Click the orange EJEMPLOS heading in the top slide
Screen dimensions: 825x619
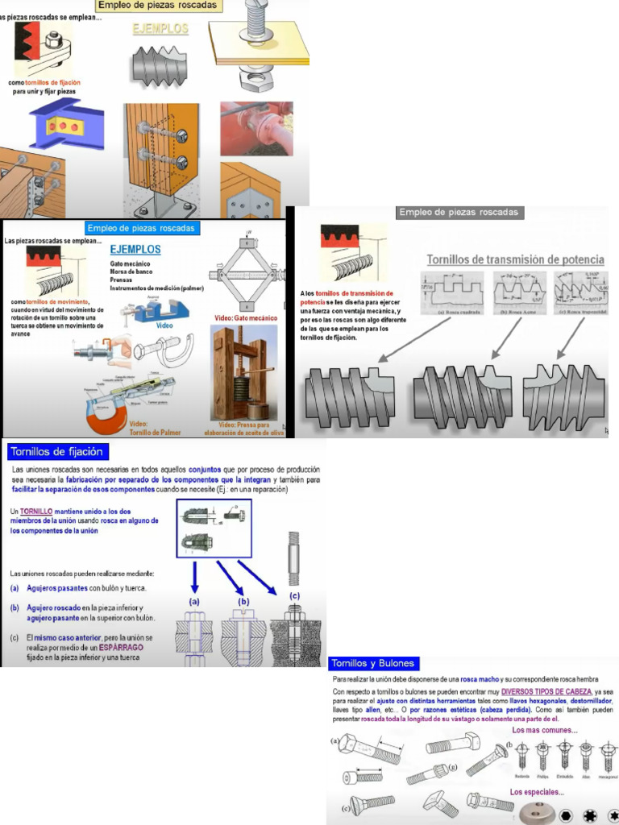point(160,29)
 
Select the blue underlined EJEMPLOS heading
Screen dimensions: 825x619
point(135,250)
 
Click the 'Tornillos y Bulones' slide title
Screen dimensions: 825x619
point(374,663)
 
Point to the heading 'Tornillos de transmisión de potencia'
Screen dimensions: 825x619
point(515,259)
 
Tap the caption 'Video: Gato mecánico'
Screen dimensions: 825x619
point(246,317)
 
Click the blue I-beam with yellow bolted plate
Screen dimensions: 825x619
point(67,125)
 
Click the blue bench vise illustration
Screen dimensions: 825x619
point(162,310)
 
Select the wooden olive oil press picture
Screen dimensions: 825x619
point(243,371)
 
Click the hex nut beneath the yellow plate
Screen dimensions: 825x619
point(257,80)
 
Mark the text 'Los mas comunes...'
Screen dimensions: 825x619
point(544,730)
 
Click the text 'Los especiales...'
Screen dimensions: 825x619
point(536,792)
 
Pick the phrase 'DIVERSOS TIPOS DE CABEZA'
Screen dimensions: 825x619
point(546,691)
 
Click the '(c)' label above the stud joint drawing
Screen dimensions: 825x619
point(294,595)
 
